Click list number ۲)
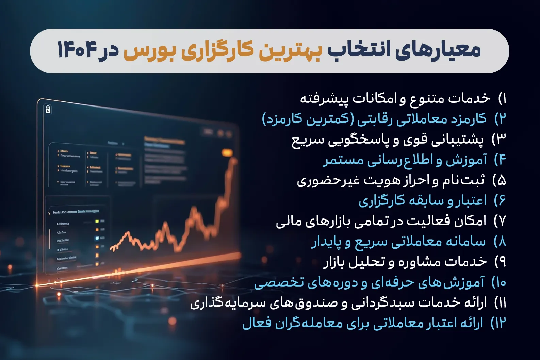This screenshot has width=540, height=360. coord(500,119)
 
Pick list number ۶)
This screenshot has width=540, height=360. coord(500,201)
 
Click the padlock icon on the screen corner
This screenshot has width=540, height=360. coord(48,109)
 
